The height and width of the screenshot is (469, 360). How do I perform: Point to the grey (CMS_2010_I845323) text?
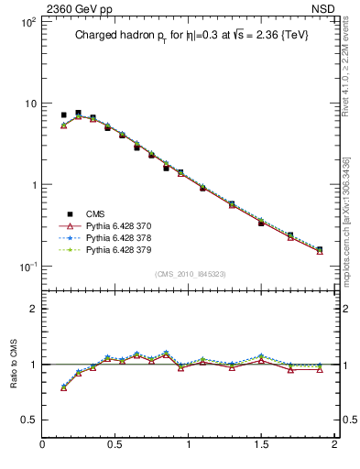coord(189,274)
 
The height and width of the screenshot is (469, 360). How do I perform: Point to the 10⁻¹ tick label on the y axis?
coord(27,267)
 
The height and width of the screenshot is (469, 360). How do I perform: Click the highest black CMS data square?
coord(78,113)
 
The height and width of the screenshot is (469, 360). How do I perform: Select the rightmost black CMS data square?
coord(320,249)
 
